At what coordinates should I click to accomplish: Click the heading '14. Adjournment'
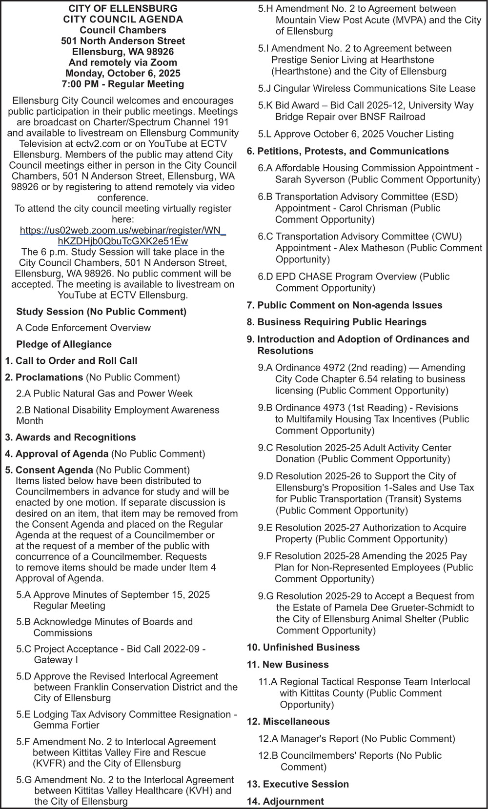[285, 801]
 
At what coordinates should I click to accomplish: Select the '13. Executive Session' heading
[298, 784]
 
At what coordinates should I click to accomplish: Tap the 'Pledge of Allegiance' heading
[64, 344]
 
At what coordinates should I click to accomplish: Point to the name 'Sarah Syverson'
[310, 179]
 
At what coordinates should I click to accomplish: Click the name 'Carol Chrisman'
[373, 208]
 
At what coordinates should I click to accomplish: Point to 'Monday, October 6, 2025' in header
[122, 73]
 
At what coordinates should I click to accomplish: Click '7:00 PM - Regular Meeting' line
[122, 84]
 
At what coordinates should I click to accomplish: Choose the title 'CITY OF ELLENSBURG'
[122, 9]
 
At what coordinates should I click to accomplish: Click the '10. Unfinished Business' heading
[303, 647]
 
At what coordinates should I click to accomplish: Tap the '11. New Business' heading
[287, 664]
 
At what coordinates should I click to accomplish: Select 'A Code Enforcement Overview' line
[83, 328]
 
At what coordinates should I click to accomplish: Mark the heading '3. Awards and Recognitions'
[70, 437]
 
